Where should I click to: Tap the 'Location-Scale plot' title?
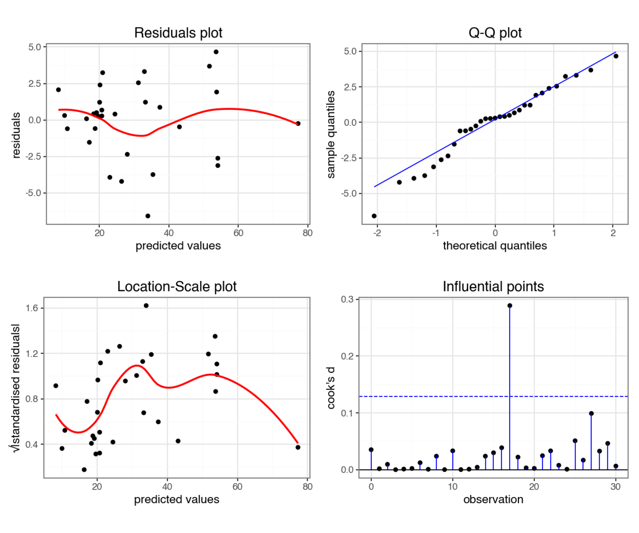177,287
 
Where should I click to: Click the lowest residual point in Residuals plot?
148,216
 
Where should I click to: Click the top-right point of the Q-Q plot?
616,56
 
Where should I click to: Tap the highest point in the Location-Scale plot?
146,305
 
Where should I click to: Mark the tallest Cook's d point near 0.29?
510,305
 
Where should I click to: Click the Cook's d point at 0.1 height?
591,413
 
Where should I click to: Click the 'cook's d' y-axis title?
331,388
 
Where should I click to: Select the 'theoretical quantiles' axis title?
495,246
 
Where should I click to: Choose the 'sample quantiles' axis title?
331,134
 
